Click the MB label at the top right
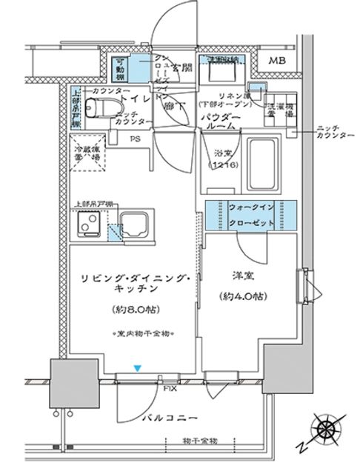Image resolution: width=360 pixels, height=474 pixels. coord(278,61)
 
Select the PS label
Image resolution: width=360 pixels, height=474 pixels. coord(136,138)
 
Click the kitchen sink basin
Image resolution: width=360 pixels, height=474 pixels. coord(135,223)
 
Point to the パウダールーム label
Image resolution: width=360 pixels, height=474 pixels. coord(220,121)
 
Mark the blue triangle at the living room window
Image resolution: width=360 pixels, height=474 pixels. coord(136,367)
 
